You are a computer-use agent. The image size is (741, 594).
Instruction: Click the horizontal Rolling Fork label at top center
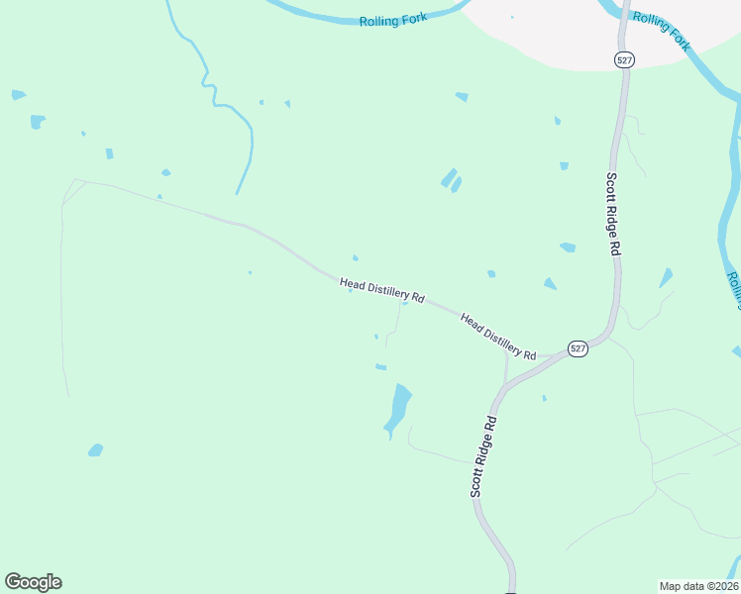(x=393, y=20)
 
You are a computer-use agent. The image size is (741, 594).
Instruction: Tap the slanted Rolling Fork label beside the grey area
(x=662, y=31)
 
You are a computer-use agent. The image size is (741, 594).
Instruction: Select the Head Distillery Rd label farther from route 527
(x=382, y=290)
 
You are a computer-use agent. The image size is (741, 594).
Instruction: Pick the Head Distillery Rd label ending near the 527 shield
(x=498, y=336)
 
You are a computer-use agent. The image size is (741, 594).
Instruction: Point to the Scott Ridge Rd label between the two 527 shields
(x=613, y=214)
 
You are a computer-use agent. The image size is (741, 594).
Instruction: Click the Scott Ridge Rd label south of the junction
(x=481, y=456)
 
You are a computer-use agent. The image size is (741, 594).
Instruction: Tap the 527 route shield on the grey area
(x=624, y=60)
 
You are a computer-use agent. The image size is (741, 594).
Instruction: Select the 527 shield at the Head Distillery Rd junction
(x=579, y=348)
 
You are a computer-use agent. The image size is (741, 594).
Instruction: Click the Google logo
(x=33, y=582)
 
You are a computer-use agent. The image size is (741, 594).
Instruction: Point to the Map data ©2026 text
(x=698, y=586)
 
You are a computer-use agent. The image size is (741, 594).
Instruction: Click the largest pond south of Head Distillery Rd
(x=398, y=408)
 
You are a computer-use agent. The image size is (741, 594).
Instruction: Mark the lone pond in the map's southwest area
(x=95, y=450)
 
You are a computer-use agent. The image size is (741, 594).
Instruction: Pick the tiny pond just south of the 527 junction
(x=544, y=398)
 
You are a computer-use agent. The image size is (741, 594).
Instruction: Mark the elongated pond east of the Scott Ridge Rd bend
(x=666, y=278)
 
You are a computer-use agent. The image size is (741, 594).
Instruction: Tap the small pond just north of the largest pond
(x=380, y=367)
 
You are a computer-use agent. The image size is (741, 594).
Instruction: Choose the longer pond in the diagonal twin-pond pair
(x=448, y=177)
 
